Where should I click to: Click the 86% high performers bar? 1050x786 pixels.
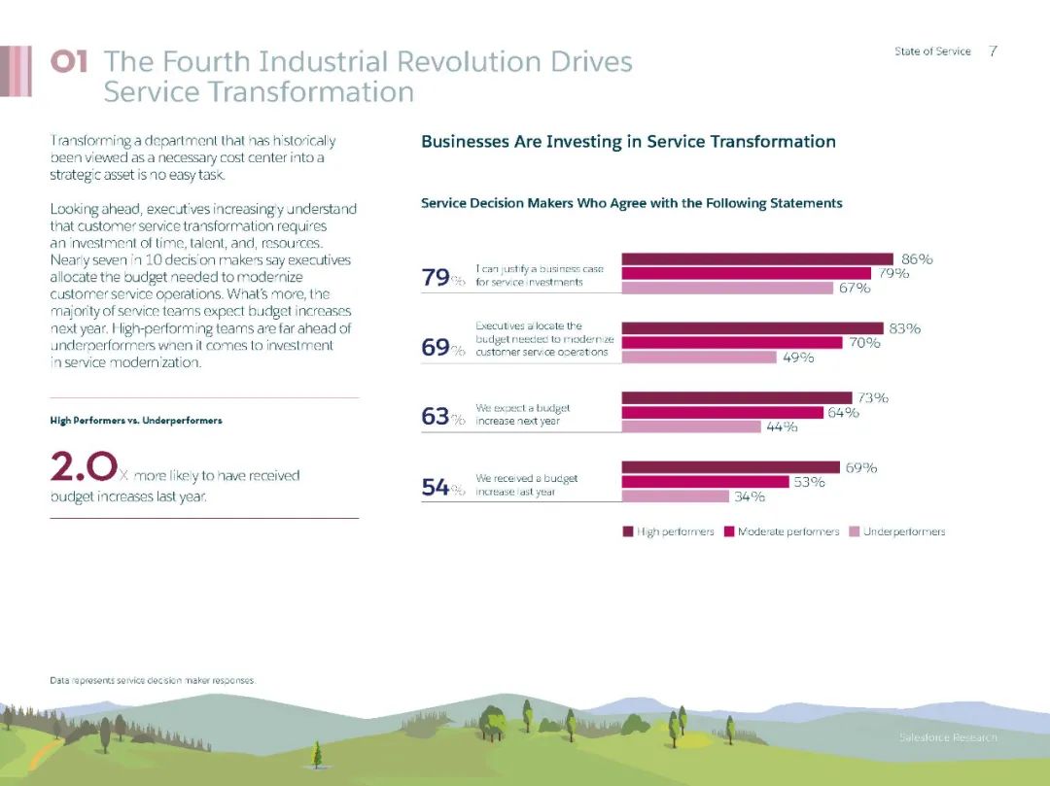tap(756, 258)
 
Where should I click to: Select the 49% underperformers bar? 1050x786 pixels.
tap(698, 357)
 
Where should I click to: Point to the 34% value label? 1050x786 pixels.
tap(749, 496)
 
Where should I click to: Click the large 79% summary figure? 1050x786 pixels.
tap(436, 278)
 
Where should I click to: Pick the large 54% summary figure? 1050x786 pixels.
tap(436, 488)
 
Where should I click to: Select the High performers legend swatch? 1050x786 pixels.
tap(628, 531)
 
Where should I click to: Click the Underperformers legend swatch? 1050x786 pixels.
tap(855, 531)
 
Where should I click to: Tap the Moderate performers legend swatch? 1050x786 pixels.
tap(729, 531)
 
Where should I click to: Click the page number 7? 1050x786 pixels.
tap(992, 51)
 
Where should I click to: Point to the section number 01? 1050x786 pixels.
tap(69, 62)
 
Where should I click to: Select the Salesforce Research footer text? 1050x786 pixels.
tap(947, 738)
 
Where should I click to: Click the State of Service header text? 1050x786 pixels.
tap(932, 51)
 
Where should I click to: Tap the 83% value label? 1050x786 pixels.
tap(904, 328)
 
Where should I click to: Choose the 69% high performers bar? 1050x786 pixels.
tap(729, 467)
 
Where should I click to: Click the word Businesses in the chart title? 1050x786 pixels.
tap(466, 142)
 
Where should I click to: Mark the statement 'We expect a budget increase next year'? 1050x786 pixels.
tap(522, 416)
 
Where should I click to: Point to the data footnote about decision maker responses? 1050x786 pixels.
tap(152, 681)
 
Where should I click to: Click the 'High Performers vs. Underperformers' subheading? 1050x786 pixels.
tap(136, 421)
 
